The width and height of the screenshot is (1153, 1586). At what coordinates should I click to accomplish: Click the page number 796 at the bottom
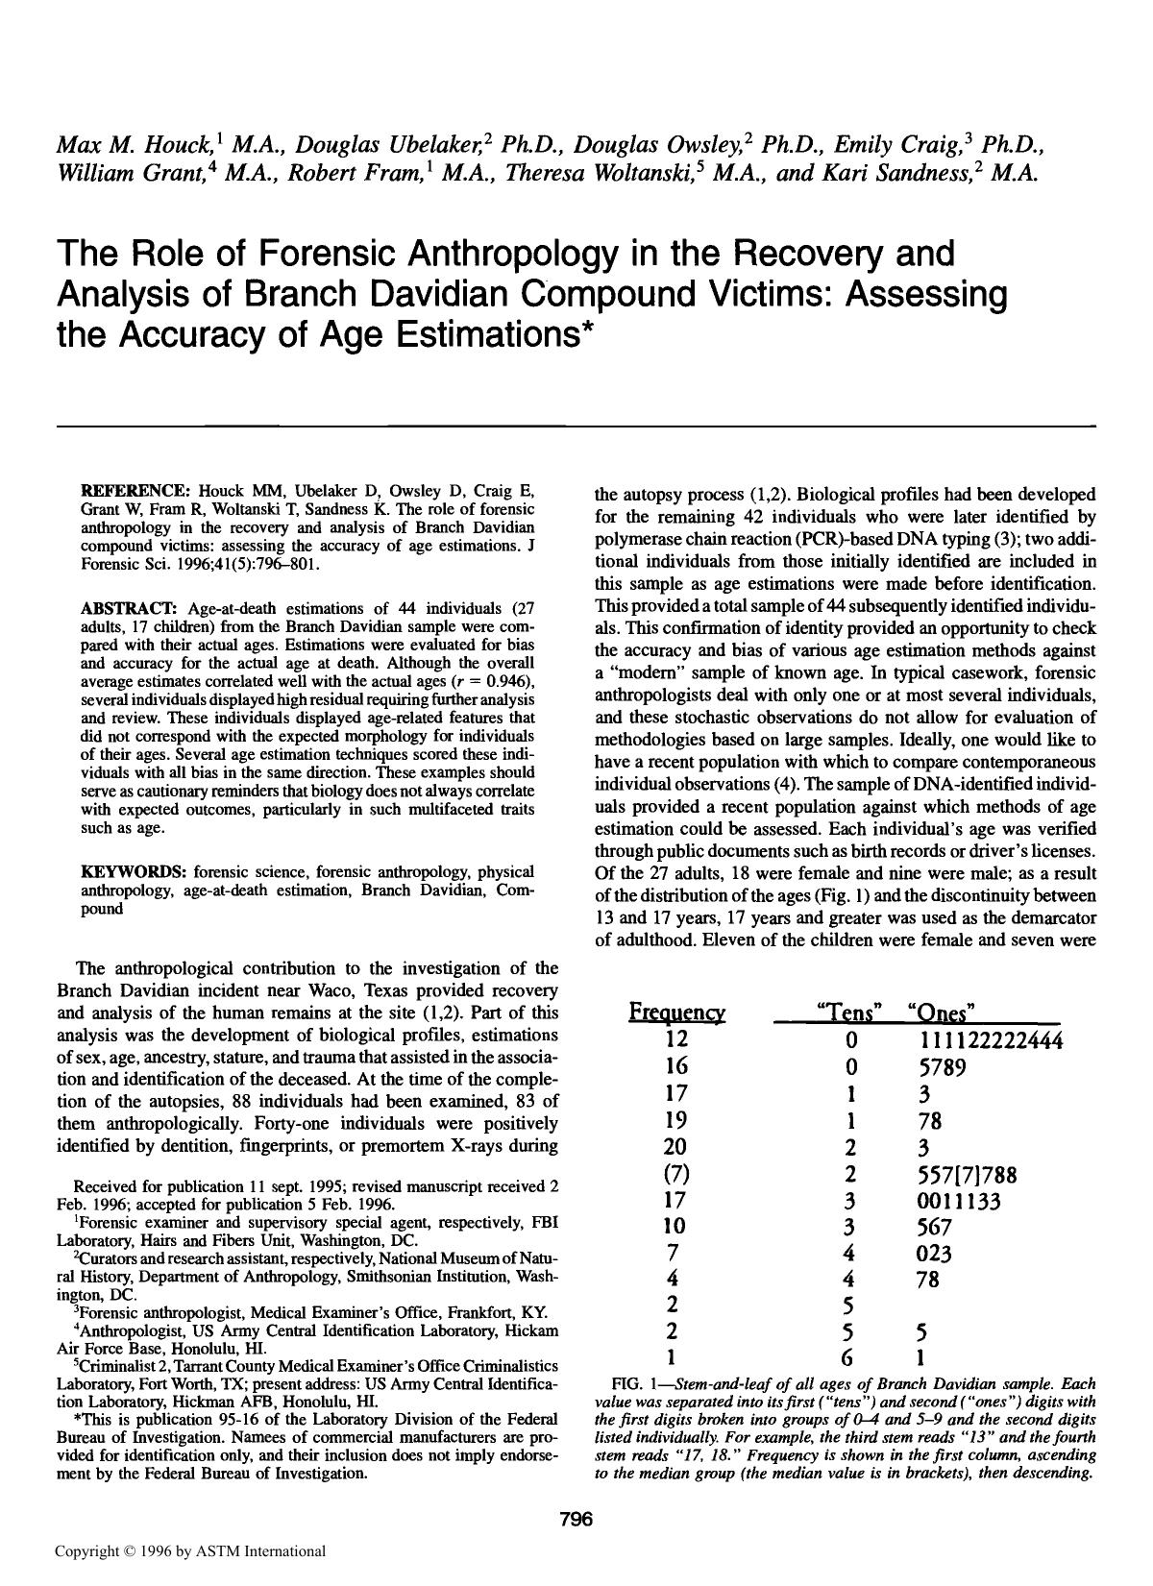[576, 1519]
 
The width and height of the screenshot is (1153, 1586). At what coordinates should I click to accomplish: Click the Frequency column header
[676, 1013]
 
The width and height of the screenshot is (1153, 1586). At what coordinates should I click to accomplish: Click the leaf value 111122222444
[984, 1040]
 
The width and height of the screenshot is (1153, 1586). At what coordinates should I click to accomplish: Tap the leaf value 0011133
[959, 1201]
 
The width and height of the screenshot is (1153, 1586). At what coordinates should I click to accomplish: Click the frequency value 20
[676, 1147]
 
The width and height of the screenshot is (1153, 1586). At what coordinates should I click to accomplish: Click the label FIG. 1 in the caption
[638, 1384]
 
